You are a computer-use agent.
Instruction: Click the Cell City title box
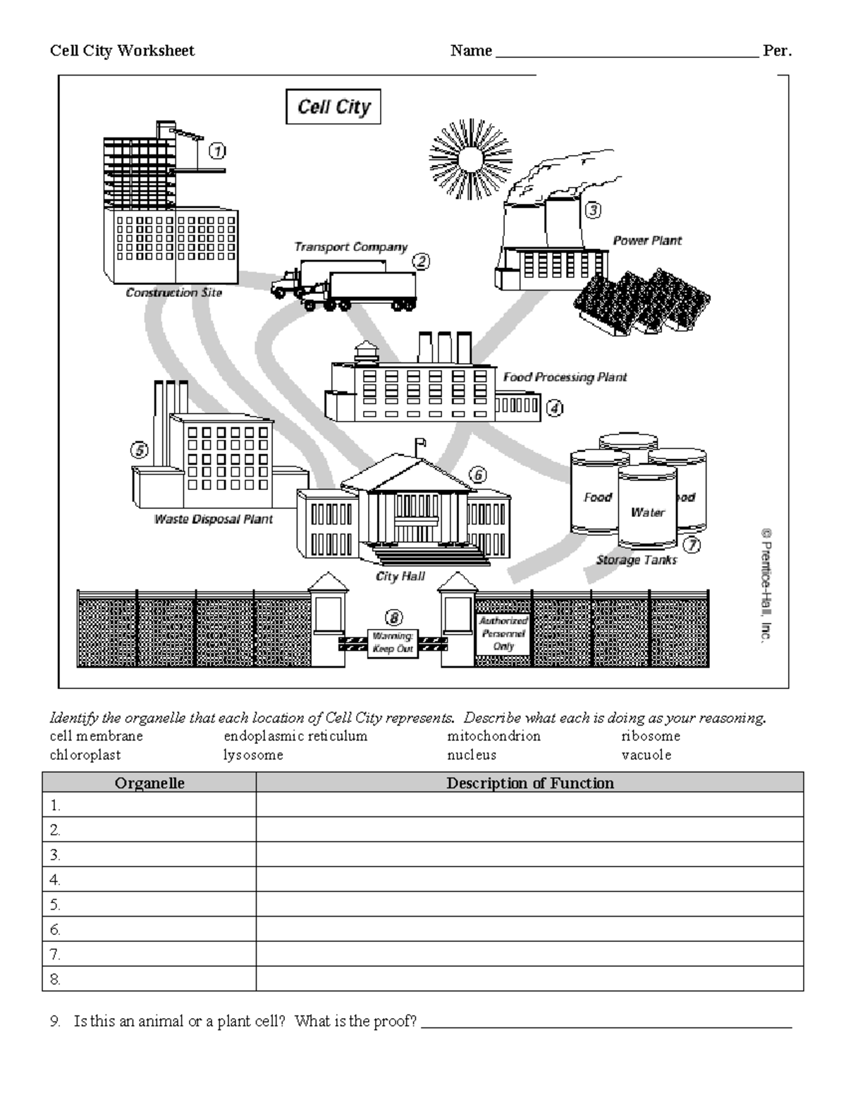pos(333,107)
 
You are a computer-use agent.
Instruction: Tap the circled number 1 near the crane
pos(216,150)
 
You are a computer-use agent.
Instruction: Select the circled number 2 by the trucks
pos(421,262)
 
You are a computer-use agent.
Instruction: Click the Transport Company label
pos(350,247)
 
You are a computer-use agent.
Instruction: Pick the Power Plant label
pos(646,240)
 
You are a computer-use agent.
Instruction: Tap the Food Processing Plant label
pos(565,377)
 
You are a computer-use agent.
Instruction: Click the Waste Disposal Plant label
pos(213,519)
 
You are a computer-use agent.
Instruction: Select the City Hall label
pos(400,576)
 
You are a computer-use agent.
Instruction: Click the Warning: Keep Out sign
pos(393,643)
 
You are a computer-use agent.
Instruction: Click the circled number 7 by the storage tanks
pos(692,544)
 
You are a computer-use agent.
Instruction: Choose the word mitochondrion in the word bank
pos(493,736)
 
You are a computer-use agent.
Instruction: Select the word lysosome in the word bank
pos(253,755)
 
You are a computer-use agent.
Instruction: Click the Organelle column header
pos(149,783)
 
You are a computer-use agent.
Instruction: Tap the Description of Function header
pos(529,783)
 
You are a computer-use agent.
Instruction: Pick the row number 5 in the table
pos(56,904)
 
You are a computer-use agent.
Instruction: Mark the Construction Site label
pos(173,293)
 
